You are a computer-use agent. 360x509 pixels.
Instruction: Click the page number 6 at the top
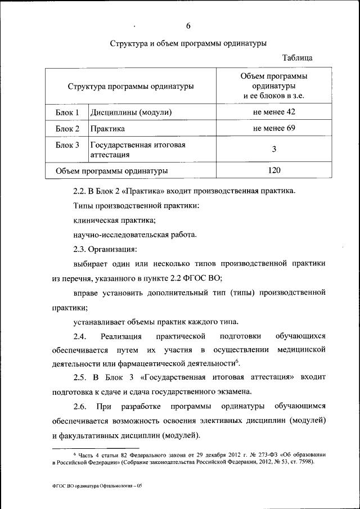pyautogui.click(x=188, y=25)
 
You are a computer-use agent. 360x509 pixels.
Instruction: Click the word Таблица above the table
pyautogui.click(x=298, y=58)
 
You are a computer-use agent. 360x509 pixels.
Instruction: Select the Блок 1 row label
pyautogui.click(x=67, y=112)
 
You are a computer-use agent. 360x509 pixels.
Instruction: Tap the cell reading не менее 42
pyautogui.click(x=274, y=112)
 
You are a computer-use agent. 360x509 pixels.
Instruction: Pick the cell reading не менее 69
pyautogui.click(x=274, y=128)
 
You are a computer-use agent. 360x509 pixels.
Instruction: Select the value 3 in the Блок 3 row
pyautogui.click(x=274, y=149)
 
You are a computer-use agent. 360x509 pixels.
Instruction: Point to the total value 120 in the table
pyautogui.click(x=274, y=170)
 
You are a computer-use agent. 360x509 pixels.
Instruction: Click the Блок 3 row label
pyautogui.click(x=67, y=145)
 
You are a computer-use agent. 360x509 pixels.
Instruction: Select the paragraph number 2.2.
pyautogui.click(x=81, y=191)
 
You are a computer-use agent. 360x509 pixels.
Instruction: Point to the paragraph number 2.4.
pyautogui.click(x=81, y=336)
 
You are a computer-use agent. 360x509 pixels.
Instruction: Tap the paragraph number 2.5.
pyautogui.click(x=81, y=377)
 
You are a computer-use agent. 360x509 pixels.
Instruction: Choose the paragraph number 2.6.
pyautogui.click(x=81, y=406)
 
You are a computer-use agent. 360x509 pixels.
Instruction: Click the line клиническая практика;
pyautogui.click(x=114, y=220)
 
